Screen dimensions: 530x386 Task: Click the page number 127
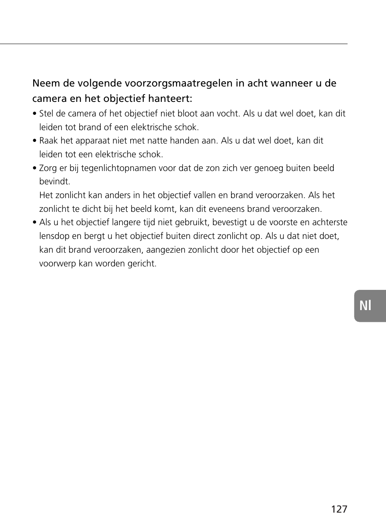click(x=339, y=509)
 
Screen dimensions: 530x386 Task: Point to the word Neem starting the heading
click(x=43, y=83)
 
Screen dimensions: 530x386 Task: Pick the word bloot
click(x=188, y=114)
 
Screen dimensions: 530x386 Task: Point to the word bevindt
click(x=55, y=182)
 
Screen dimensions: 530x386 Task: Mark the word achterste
click(x=329, y=222)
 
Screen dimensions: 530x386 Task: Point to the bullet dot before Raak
click(x=35, y=141)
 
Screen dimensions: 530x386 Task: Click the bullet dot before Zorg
click(x=35, y=169)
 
